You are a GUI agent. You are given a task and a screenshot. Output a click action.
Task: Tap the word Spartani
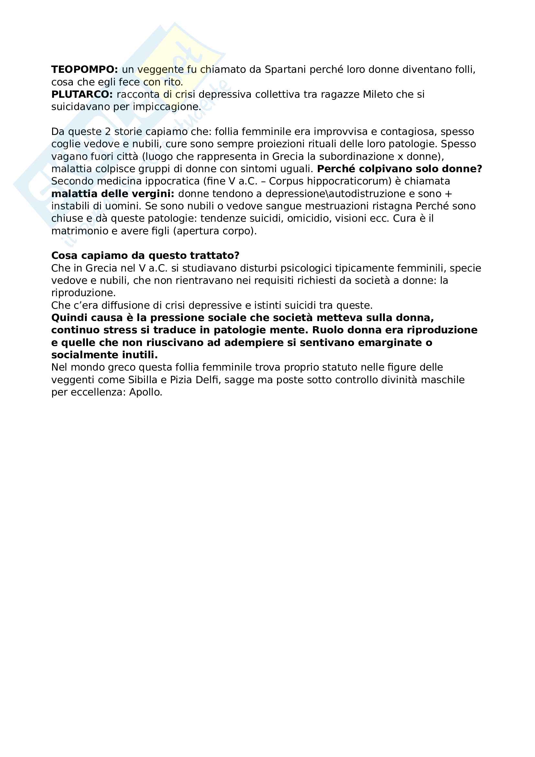coord(285,70)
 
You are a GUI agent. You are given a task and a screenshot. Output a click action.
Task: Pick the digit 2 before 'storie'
coord(108,131)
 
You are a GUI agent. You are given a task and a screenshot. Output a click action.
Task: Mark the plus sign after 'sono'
coord(448,194)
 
